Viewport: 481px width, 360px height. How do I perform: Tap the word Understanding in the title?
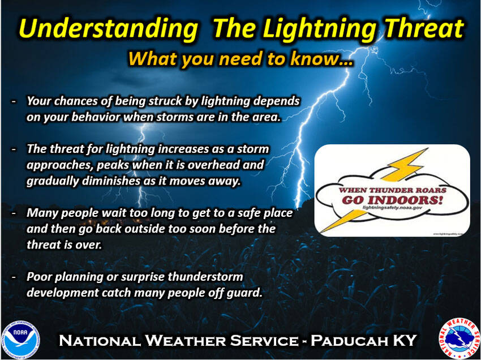tap(105, 28)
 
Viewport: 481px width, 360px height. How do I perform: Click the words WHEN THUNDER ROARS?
tap(392, 190)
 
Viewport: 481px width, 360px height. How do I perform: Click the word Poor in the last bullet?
tap(38, 277)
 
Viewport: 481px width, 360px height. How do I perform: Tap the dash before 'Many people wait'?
tap(13, 212)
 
